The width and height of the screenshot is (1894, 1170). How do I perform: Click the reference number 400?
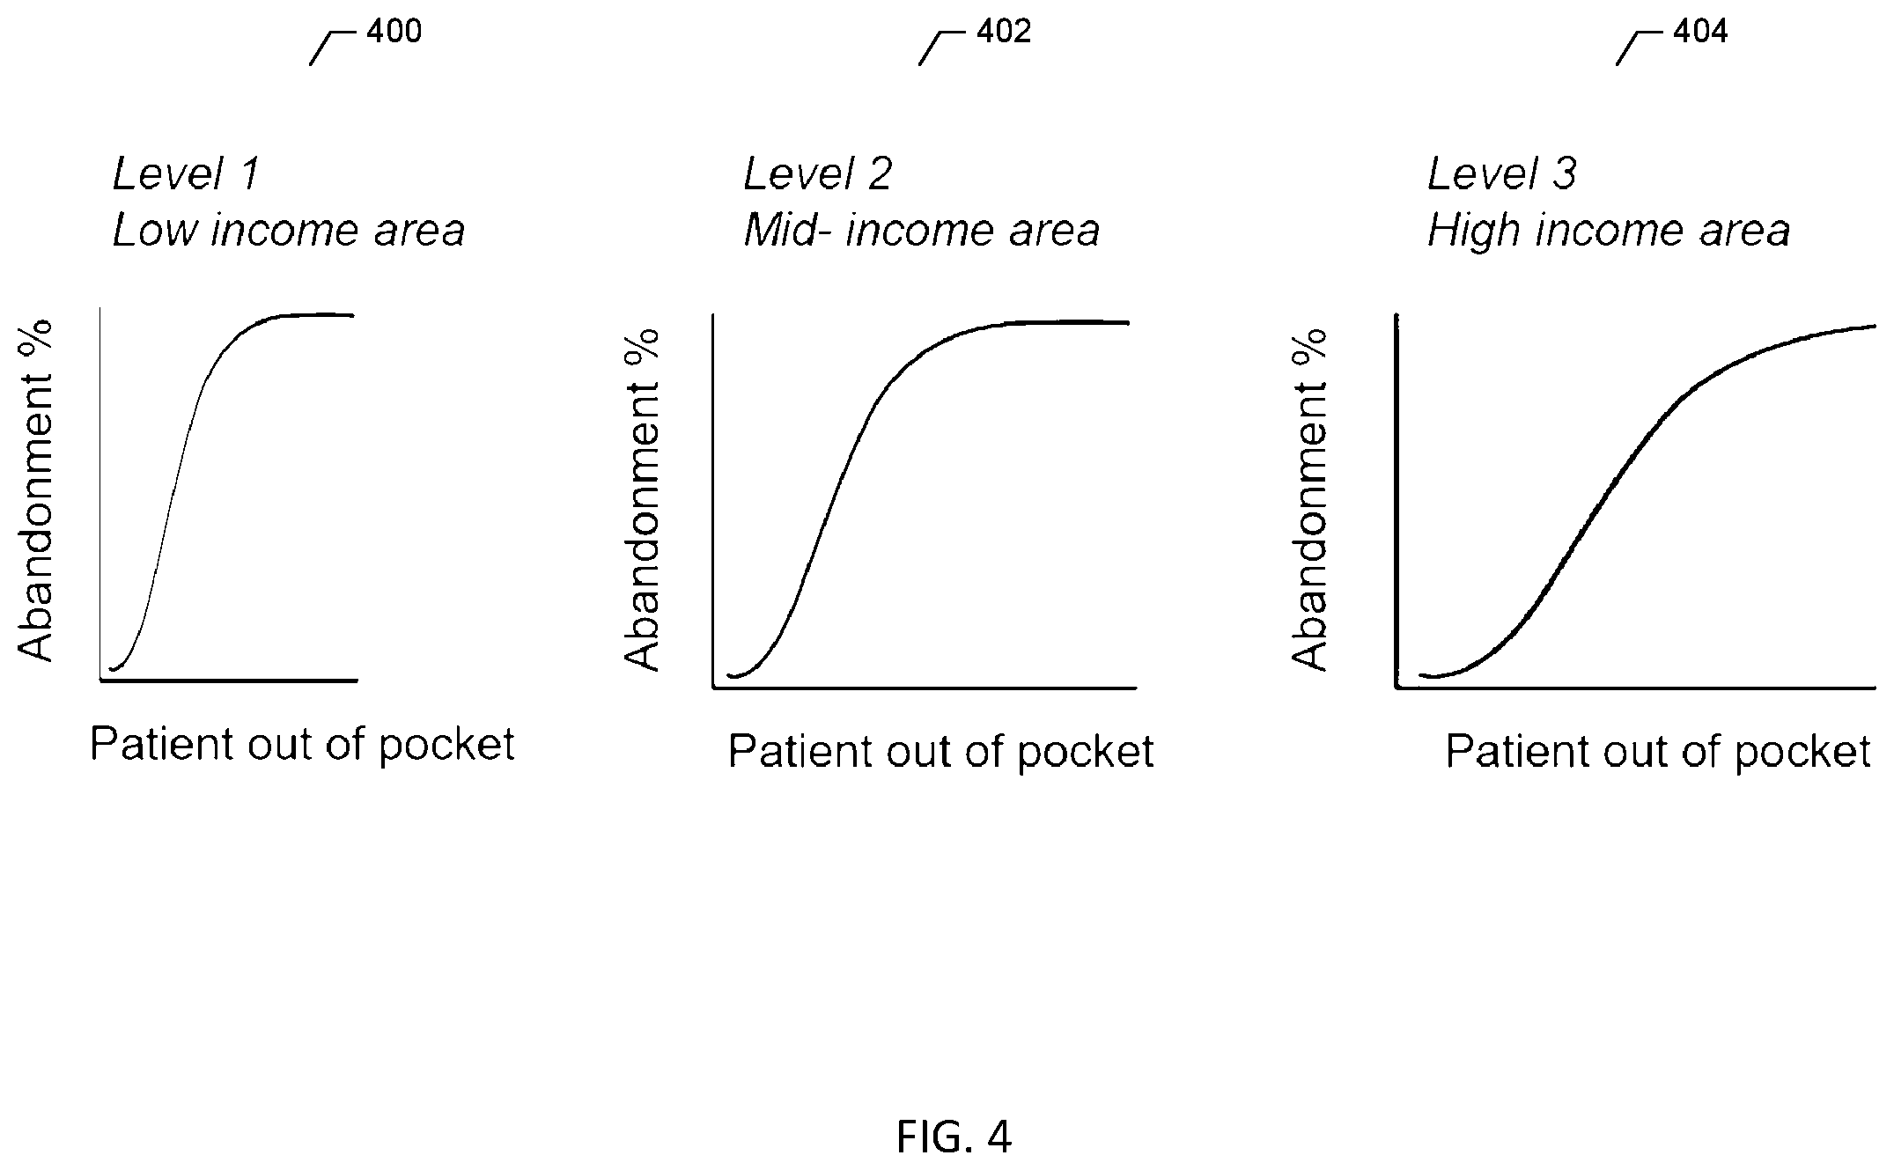pos(394,32)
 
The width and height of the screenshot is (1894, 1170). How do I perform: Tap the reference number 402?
pos(1003,32)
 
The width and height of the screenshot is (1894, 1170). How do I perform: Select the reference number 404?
pos(1700,32)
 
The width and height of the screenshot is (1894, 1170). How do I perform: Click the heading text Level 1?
pos(186,173)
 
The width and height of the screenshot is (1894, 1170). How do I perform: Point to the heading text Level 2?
pos(818,173)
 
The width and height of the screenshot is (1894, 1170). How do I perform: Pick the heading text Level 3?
pos(1501,173)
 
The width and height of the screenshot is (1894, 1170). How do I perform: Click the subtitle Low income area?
pos(289,231)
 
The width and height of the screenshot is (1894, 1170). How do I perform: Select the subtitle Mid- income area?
pos(922,231)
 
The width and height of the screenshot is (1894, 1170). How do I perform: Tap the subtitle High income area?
pos(1609,231)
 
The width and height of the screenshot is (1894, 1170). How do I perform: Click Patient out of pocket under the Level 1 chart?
pos(302,746)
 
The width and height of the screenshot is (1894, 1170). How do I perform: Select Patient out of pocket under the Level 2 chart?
pos(940,753)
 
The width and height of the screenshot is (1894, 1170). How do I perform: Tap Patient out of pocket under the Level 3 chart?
pos(1658,753)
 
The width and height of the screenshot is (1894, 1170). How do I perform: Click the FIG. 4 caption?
pos(954,1137)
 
